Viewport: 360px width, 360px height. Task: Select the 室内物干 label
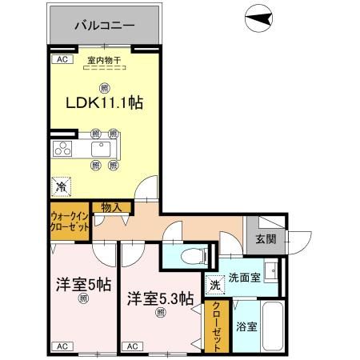point(103,59)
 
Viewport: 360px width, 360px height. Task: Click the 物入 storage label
point(111,208)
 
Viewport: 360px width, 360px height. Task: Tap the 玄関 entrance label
point(266,238)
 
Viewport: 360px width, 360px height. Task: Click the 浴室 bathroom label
point(246,326)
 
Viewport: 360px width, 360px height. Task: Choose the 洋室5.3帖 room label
point(160,298)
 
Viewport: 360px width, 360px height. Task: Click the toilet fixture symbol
point(188,256)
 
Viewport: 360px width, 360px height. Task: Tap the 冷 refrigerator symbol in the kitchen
point(61,186)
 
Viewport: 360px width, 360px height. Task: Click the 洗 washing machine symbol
point(214,284)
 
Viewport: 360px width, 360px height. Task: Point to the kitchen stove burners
point(62,150)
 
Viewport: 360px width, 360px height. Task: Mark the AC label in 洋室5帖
point(61,346)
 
